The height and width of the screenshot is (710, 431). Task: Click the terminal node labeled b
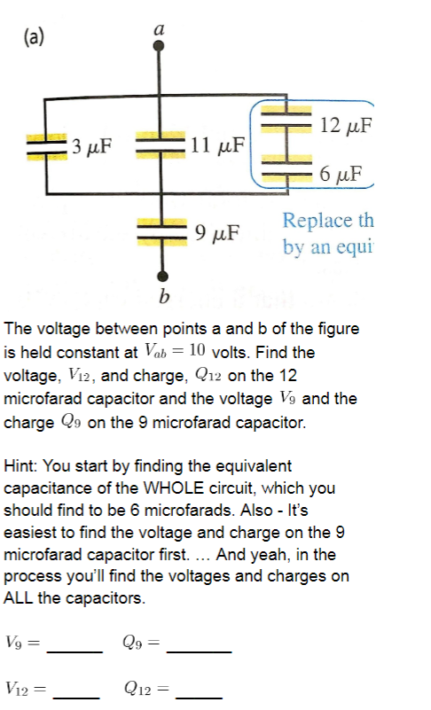tap(161, 274)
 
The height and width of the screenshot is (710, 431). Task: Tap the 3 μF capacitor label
tap(91, 145)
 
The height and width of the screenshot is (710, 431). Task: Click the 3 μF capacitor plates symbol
tap(41, 145)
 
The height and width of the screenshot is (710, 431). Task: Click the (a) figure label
tap(35, 36)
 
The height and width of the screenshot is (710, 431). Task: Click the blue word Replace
tap(313, 220)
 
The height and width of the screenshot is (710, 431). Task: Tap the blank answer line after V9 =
tap(74, 651)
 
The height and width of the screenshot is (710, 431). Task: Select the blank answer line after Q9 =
tap(199, 651)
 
